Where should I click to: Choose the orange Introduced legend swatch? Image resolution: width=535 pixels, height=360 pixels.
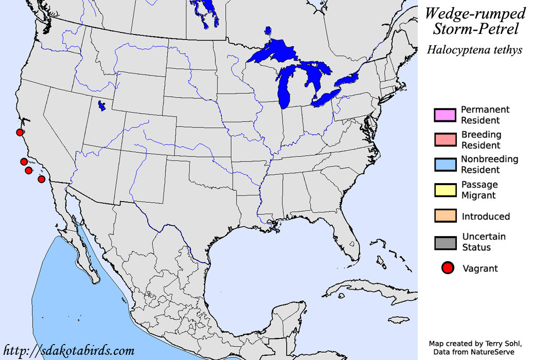(445, 216)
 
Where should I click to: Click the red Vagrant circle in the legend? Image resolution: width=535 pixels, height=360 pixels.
(448, 268)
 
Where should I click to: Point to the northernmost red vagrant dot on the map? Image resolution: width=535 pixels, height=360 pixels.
(20, 133)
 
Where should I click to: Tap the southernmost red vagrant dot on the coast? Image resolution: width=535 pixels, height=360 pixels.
(42, 179)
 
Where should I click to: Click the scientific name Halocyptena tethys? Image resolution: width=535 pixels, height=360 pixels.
(474, 50)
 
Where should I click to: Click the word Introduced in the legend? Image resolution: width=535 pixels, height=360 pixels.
(486, 217)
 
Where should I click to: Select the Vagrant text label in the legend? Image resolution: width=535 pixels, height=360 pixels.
(480, 268)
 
